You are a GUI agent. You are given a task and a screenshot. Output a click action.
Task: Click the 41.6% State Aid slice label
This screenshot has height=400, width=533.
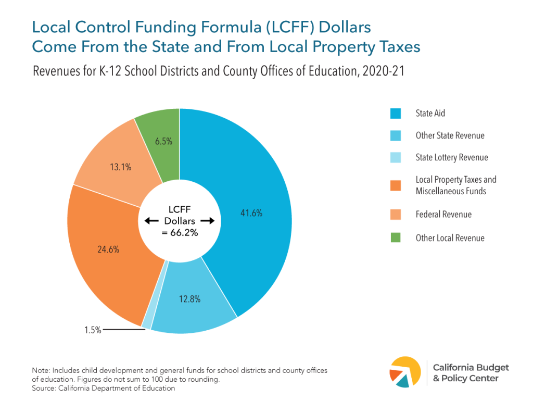(251, 213)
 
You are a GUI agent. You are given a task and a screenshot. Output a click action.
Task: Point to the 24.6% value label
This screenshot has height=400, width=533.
(108, 249)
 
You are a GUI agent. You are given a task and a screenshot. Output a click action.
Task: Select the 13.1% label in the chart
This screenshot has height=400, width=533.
(120, 167)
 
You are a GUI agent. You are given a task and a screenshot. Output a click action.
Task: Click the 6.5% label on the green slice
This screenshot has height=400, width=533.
(163, 141)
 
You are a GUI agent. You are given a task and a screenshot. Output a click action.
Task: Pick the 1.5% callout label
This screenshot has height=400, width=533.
(93, 330)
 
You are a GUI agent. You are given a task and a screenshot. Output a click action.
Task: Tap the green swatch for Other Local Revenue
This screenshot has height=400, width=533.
(396, 238)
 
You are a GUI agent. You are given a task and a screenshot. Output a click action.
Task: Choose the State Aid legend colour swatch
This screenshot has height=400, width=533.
(396, 113)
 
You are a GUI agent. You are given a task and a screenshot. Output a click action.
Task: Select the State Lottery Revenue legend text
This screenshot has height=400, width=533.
(452, 157)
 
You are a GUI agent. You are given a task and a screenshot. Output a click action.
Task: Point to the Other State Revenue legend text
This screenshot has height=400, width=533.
(450, 135)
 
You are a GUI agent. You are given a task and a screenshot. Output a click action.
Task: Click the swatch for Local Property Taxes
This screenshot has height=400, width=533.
(396, 185)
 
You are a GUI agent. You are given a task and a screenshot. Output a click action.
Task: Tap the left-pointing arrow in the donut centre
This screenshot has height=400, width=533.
(151, 221)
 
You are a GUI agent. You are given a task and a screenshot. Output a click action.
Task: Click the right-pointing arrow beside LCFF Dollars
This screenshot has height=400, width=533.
(207, 221)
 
